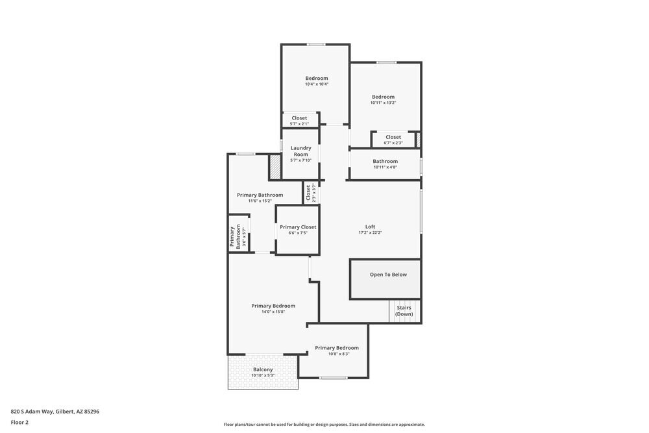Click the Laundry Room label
(300, 151)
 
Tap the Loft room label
(370, 227)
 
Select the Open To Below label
(388, 275)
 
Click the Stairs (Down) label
(404, 311)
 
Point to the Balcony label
(263, 369)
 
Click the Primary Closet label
(298, 227)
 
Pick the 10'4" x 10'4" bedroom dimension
(317, 84)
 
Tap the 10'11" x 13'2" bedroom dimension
(383, 103)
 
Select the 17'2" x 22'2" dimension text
(370, 232)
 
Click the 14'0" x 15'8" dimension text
(273, 312)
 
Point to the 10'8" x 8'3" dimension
(337, 354)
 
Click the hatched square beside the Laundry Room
(275, 167)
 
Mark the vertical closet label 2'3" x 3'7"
(311, 193)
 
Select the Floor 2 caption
(19, 422)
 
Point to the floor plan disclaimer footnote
(324, 425)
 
